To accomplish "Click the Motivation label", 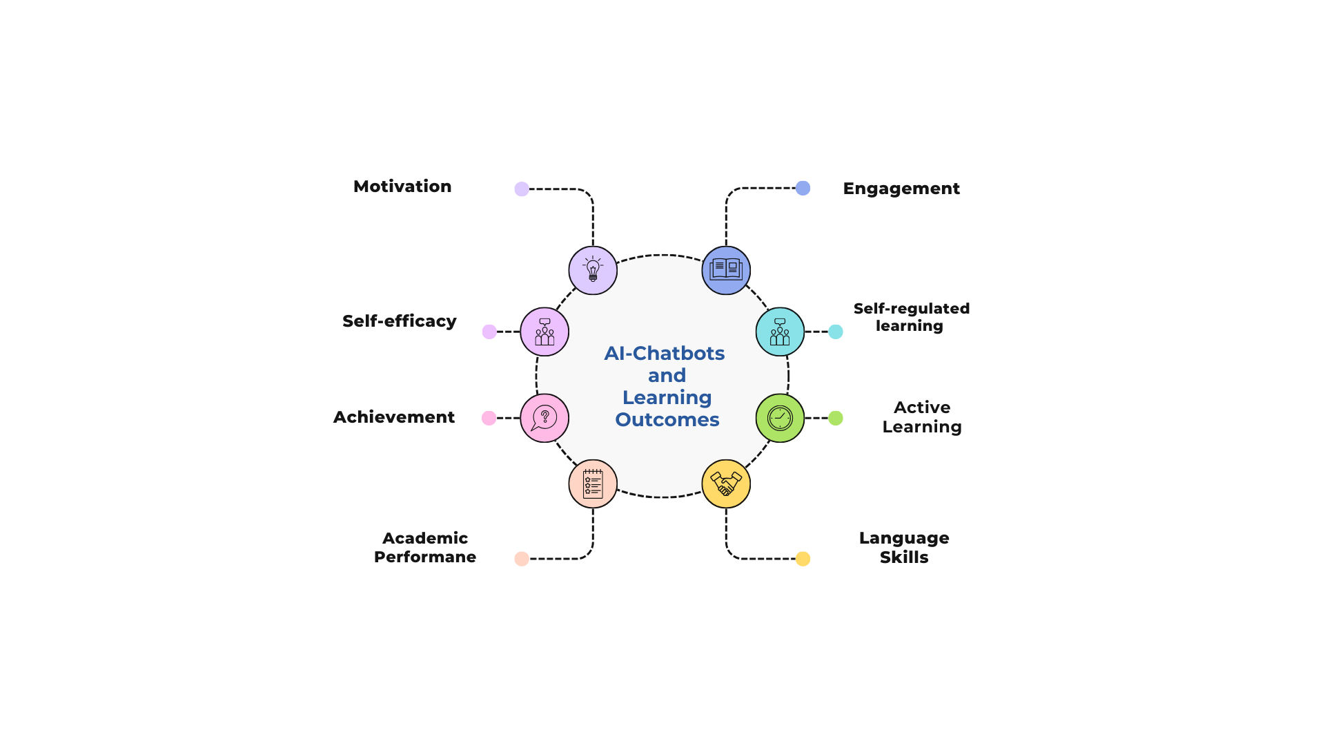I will (x=402, y=186).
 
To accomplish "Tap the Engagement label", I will (x=901, y=189).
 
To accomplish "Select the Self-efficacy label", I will (x=399, y=321).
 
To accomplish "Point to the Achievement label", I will (x=393, y=417).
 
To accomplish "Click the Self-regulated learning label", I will (x=911, y=317).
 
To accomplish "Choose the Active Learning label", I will (x=921, y=417).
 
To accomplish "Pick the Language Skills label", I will (x=903, y=548).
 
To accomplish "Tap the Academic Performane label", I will (x=424, y=548).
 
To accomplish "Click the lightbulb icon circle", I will (x=593, y=270).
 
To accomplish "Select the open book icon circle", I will (x=725, y=270).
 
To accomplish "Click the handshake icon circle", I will (x=725, y=484).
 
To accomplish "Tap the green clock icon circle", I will (x=780, y=418).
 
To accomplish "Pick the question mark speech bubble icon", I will (x=544, y=418).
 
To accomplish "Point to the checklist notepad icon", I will (x=593, y=484).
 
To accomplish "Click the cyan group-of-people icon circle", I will (x=780, y=332).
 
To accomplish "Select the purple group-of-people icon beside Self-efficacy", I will (x=544, y=332).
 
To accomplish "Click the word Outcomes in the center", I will (x=667, y=420).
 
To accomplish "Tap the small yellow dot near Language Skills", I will (x=803, y=559).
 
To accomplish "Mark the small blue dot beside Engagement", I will (x=803, y=188).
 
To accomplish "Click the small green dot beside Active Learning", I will (x=836, y=418).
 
